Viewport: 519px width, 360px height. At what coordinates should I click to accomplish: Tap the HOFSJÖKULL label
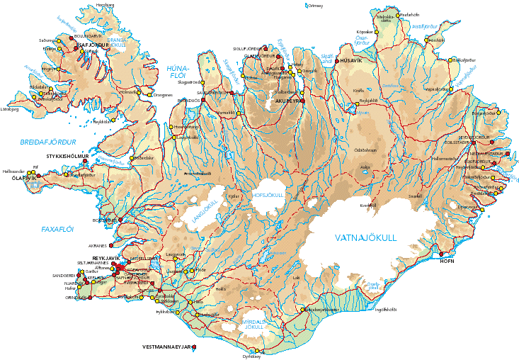[267, 195]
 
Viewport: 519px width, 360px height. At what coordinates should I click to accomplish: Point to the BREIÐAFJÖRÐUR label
[48, 142]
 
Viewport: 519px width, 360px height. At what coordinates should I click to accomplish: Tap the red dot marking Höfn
[443, 253]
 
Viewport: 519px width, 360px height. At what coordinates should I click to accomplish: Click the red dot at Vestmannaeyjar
[195, 347]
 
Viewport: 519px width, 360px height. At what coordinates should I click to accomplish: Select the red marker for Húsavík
[337, 60]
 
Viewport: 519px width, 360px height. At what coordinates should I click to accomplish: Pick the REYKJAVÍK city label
[98, 258]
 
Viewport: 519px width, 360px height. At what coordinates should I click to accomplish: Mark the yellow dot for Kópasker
[375, 33]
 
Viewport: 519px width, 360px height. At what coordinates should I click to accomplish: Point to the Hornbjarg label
[105, 6]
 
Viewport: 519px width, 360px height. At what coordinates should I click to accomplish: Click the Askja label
[365, 168]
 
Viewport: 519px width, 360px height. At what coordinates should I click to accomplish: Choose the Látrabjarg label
[10, 110]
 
